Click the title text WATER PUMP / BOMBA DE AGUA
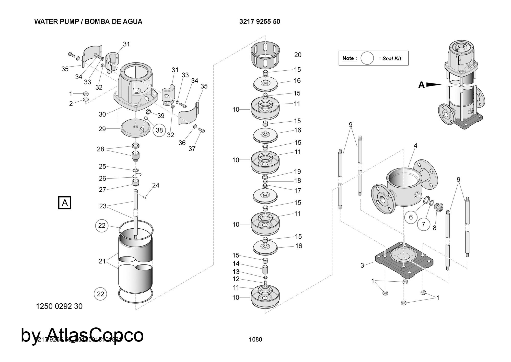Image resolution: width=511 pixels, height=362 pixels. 88,22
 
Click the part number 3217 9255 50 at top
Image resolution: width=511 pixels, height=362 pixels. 260,22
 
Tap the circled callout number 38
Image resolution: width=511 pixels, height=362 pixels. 159,130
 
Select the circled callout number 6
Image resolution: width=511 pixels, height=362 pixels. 411,217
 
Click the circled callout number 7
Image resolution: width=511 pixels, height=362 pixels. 423,224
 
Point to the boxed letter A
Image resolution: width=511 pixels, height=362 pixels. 65,203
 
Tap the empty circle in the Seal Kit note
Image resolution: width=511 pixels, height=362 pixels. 367,58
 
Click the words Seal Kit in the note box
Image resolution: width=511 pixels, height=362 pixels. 392,59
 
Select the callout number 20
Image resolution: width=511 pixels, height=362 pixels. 298,55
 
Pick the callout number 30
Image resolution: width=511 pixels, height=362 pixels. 102,114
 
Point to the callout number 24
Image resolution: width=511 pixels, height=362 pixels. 156,185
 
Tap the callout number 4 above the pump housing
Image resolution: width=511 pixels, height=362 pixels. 415,146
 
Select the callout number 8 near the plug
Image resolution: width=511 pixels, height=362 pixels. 435,228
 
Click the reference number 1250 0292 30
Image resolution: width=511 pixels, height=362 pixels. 59,306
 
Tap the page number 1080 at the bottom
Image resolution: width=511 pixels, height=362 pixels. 255,339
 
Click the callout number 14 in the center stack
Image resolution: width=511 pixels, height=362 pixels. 236,263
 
